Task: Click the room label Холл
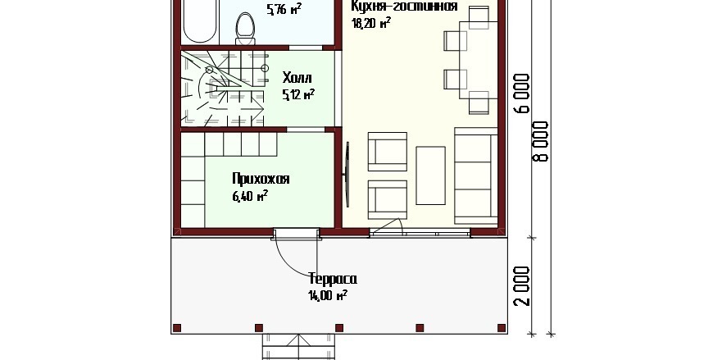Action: click(x=297, y=77)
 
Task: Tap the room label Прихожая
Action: click(x=261, y=179)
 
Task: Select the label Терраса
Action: click(x=333, y=279)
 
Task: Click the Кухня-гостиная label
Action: click(x=404, y=7)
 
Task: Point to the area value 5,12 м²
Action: click(x=298, y=94)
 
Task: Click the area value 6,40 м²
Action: click(x=250, y=196)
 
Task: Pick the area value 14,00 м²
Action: click(x=327, y=295)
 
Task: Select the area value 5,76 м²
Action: click(x=284, y=9)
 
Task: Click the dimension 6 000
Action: click(x=524, y=93)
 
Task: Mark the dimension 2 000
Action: click(x=524, y=286)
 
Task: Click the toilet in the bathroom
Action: click(x=245, y=29)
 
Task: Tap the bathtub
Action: click(x=199, y=21)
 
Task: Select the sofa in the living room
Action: click(x=476, y=175)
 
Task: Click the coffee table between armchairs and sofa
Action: click(x=430, y=175)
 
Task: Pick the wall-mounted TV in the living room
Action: click(x=347, y=174)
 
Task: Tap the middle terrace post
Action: click(x=339, y=328)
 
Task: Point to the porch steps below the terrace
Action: click(x=299, y=347)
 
